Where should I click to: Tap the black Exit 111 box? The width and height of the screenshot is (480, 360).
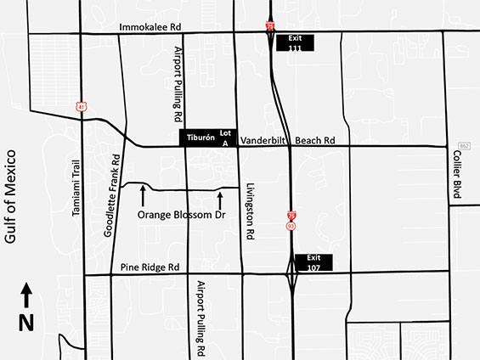point(294,42)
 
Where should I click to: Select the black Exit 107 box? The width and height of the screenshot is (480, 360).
point(313,262)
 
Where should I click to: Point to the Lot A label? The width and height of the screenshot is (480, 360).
point(226,138)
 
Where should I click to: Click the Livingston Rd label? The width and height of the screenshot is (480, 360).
point(250,211)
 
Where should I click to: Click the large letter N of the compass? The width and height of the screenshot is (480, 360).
point(26,323)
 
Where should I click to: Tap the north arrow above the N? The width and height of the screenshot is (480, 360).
point(26,296)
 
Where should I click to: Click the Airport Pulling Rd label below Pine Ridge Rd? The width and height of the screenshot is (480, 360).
point(202,318)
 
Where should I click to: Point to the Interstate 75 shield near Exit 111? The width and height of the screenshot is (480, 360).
point(270,26)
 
